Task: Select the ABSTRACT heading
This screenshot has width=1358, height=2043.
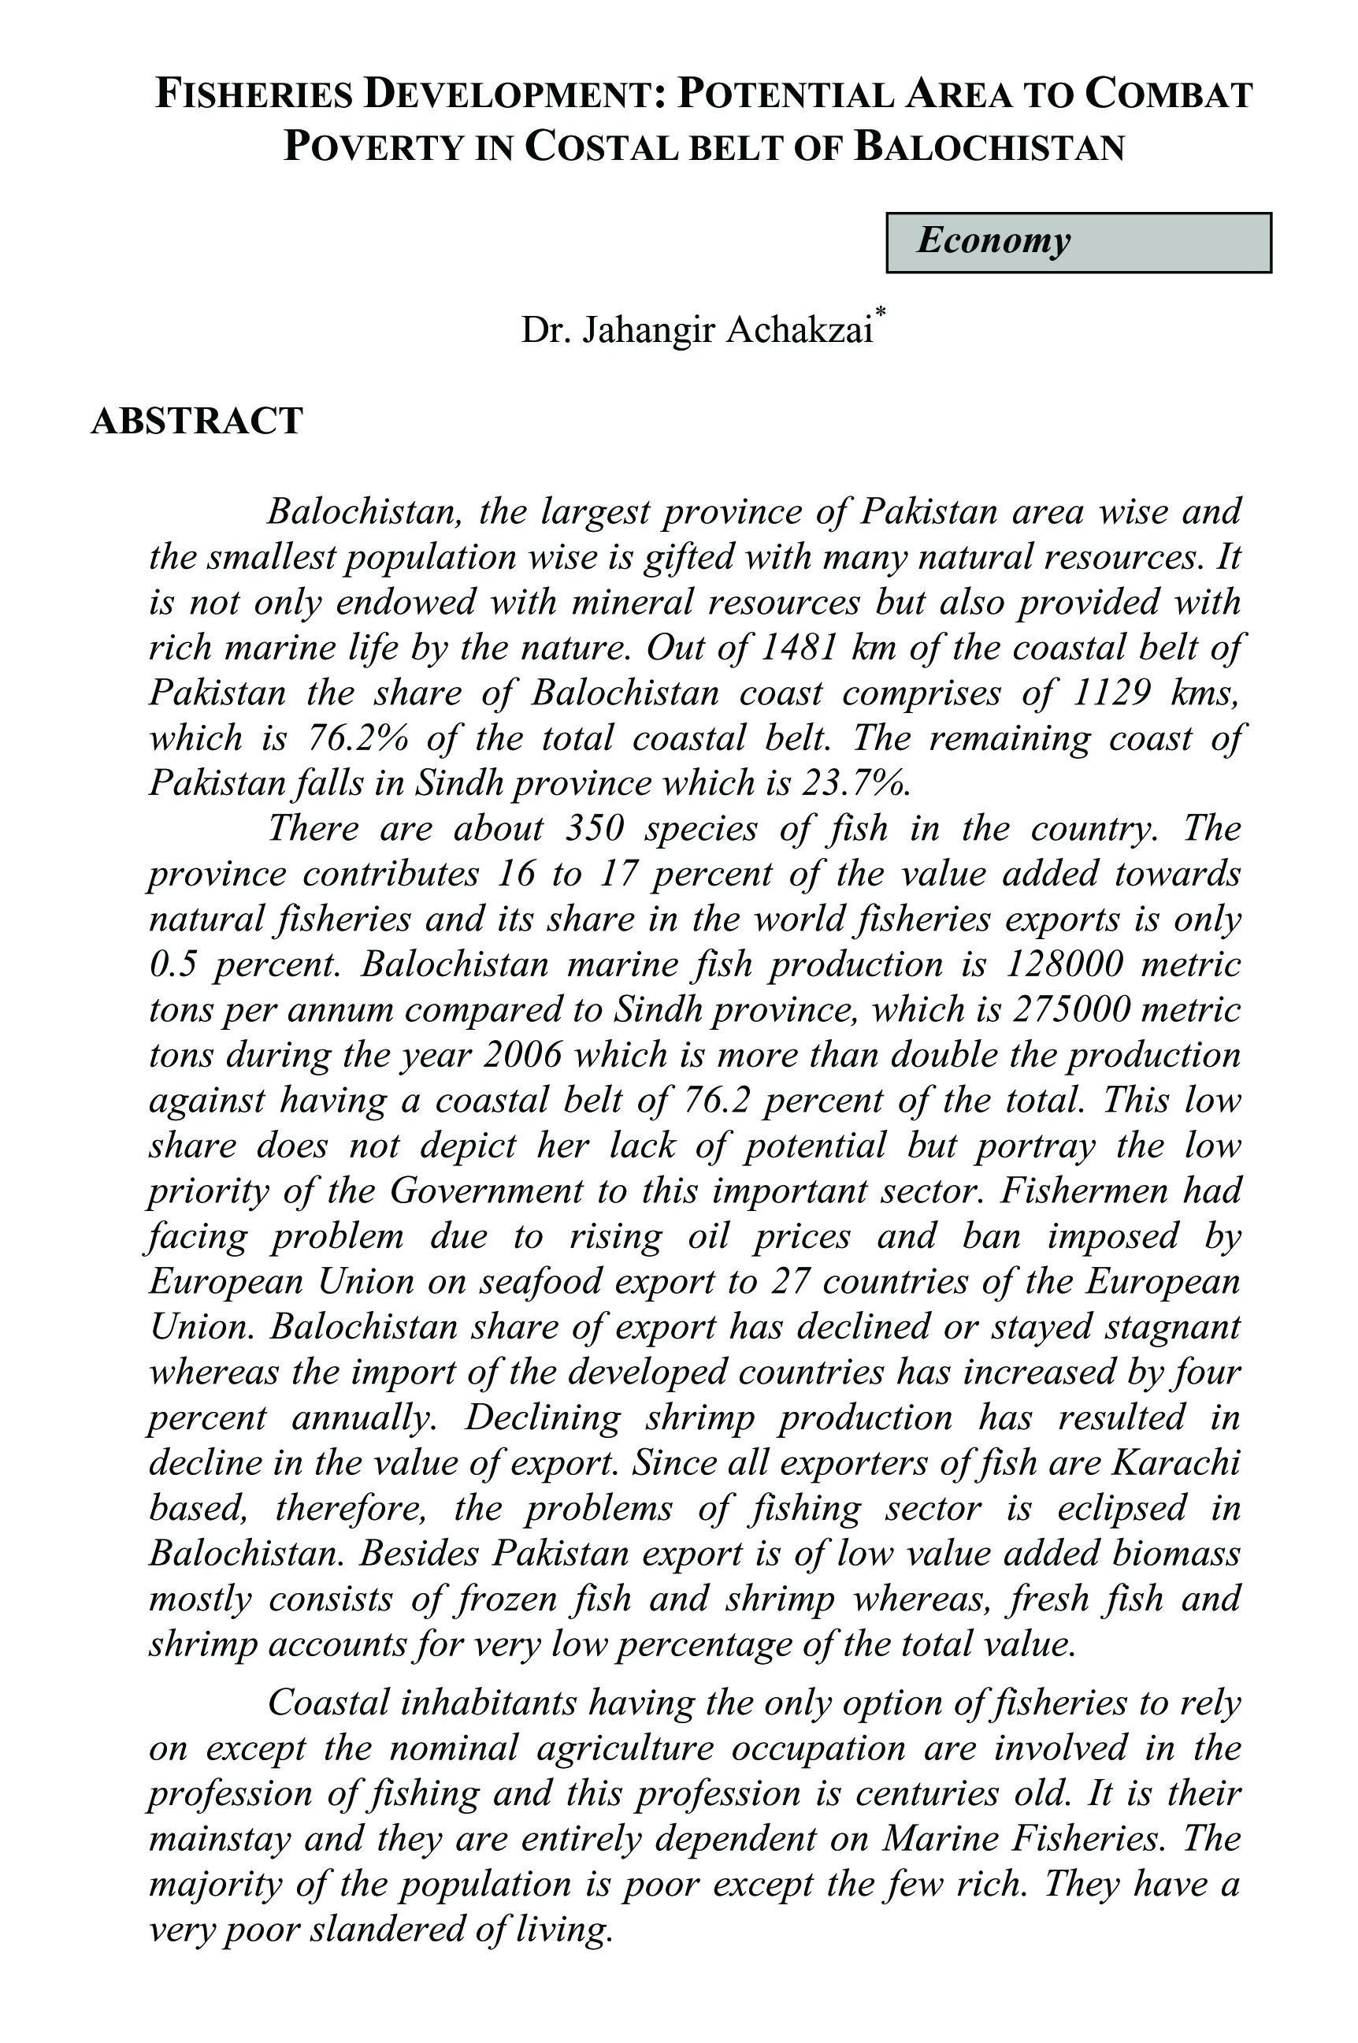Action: tap(197, 421)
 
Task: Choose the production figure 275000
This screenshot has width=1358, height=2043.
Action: tap(1081, 1009)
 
